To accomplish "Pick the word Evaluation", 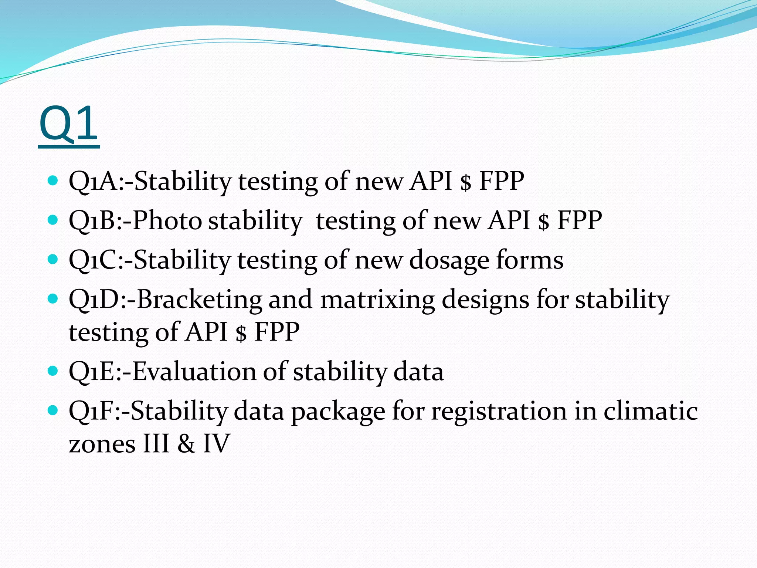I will click(x=194, y=371).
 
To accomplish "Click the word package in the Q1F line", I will click(x=338, y=411).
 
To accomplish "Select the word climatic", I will click(x=650, y=411).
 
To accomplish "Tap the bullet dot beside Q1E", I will click(x=53, y=370).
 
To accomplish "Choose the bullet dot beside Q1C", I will click(x=53, y=259).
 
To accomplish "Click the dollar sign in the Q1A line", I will click(x=466, y=182).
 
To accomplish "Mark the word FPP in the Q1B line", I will click(x=579, y=220).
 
